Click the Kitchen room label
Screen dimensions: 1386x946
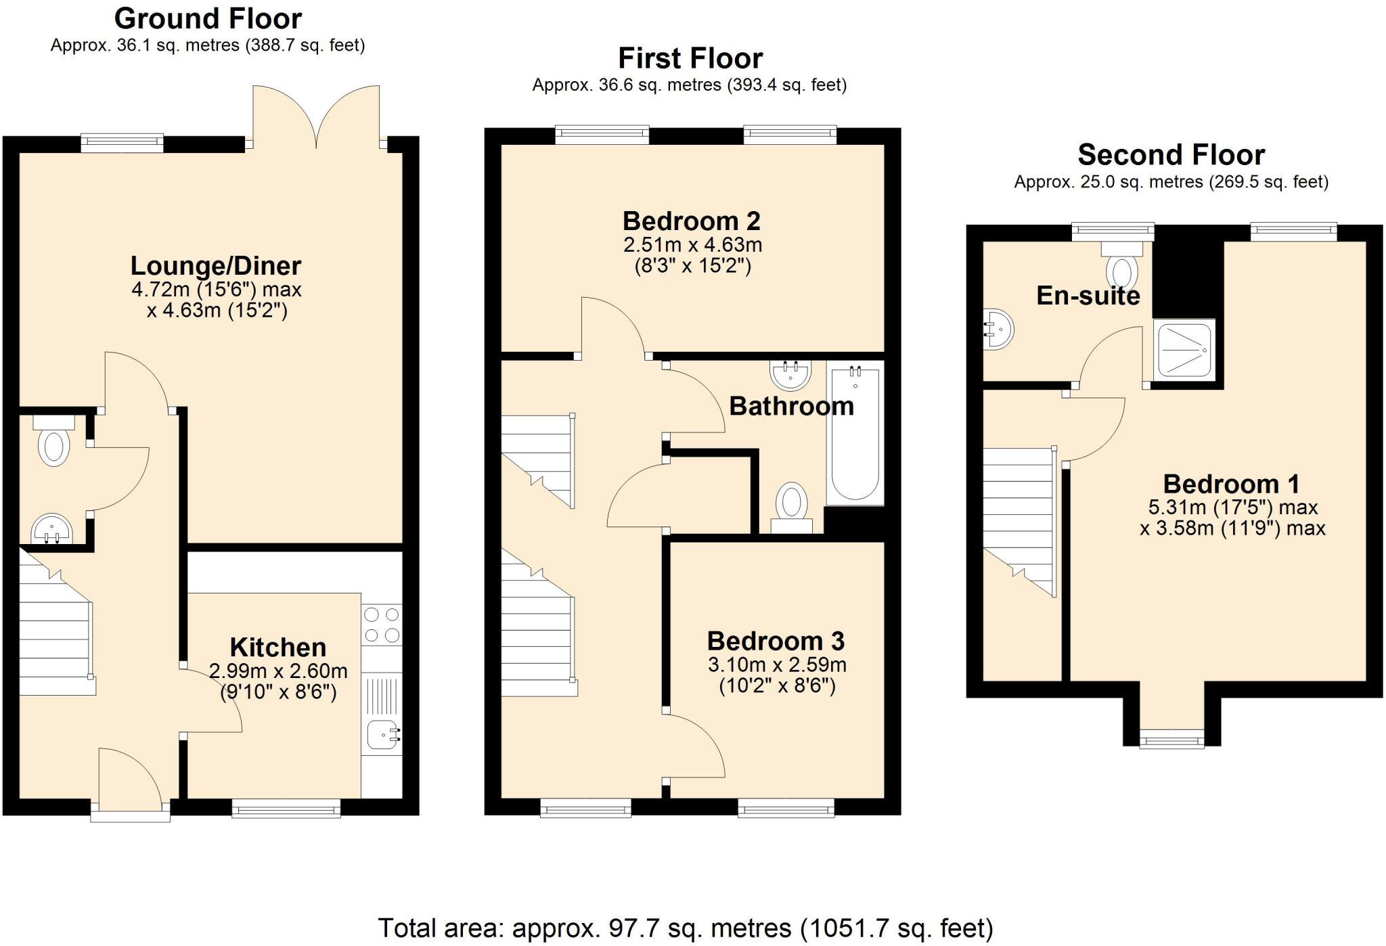pos(278,648)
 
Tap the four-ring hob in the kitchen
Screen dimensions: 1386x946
pos(382,625)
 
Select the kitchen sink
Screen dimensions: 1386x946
pos(384,736)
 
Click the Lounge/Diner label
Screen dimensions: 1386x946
pos(216,266)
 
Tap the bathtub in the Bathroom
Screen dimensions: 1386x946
pos(855,433)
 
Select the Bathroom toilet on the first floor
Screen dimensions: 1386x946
pos(791,508)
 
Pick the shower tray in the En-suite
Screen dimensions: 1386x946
pos(1184,350)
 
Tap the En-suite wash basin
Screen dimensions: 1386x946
pos(998,330)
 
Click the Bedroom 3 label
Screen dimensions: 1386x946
pos(776,641)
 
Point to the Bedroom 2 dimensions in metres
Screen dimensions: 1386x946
pos(692,244)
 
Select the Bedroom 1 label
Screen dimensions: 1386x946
pos(1231,485)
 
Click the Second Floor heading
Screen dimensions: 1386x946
pos(1171,155)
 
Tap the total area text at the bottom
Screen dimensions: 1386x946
pos(685,928)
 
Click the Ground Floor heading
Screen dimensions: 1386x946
pos(208,18)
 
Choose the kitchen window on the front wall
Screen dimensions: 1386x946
pos(286,808)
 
